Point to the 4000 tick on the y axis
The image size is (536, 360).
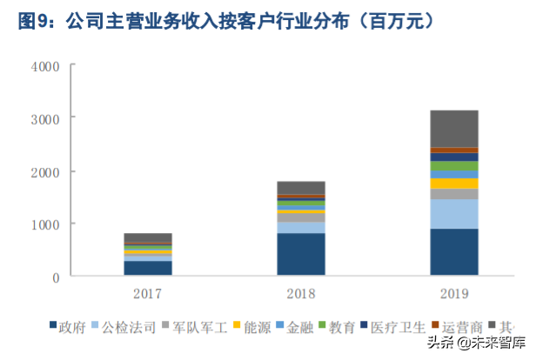click(44, 66)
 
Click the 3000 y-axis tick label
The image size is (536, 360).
click(44, 118)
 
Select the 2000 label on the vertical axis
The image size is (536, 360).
click(44, 172)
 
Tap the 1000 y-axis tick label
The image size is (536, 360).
click(44, 224)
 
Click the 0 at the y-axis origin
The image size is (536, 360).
click(55, 277)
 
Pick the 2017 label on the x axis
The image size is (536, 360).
click(148, 294)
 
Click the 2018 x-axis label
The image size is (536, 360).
click(301, 294)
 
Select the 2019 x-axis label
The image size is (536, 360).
click(453, 294)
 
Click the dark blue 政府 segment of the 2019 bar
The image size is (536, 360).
click(453, 252)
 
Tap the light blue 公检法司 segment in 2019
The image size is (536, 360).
click(453, 214)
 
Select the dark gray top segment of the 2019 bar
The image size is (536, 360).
click(453, 129)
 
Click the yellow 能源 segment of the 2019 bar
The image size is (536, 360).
click(453, 183)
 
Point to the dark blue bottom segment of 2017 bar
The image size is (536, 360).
click(148, 268)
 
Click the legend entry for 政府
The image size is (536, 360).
click(70, 327)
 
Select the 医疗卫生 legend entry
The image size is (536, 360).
click(388, 327)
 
